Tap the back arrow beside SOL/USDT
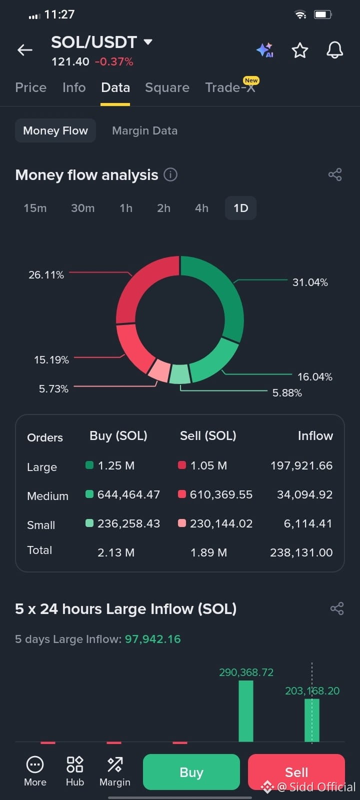pyautogui.click(x=25, y=50)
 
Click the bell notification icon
pyautogui.click(x=334, y=50)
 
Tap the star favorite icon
pyautogui.click(x=300, y=50)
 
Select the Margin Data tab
pyautogui.click(x=144, y=130)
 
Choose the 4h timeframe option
pyautogui.click(x=201, y=208)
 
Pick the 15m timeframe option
pyautogui.click(x=35, y=208)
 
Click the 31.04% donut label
pyautogui.click(x=310, y=282)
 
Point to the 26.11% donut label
pyautogui.click(x=46, y=275)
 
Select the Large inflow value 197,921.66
pyautogui.click(x=301, y=465)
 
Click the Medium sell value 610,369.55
pyautogui.click(x=221, y=494)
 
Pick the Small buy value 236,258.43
pyautogui.click(x=128, y=523)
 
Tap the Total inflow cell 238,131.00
pyautogui.click(x=301, y=552)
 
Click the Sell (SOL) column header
pyautogui.click(x=208, y=435)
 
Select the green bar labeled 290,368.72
pyautogui.click(x=245, y=711)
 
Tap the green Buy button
pyautogui.click(x=191, y=772)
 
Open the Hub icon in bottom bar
pyautogui.click(x=75, y=771)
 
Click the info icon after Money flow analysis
pyautogui.click(x=170, y=175)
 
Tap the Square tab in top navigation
pyautogui.click(x=167, y=87)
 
